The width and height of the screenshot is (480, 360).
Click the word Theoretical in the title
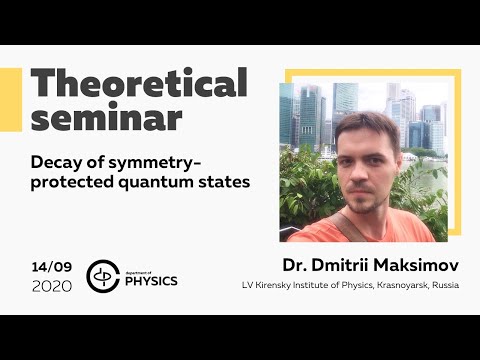[136, 85]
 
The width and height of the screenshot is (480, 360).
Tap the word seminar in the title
[106, 118]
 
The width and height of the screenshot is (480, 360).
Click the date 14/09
[50, 267]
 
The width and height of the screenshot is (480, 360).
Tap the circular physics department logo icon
[103, 276]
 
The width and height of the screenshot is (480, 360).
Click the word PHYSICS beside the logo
[152, 281]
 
